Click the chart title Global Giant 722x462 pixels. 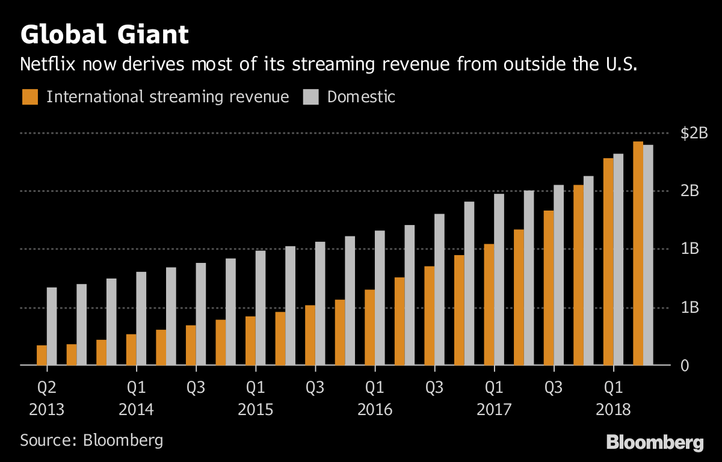coord(104,34)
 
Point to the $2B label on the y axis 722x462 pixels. coord(693,134)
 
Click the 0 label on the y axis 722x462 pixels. coord(685,366)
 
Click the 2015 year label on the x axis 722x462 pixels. coord(256,410)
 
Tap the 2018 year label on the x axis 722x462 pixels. coord(613,410)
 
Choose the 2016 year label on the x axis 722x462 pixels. coord(375,410)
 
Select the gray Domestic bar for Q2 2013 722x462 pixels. coord(52,326)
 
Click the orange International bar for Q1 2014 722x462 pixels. coord(131,350)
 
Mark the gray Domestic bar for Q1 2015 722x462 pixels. coord(261,307)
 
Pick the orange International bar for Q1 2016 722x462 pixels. coord(370,327)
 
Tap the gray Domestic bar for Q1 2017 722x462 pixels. coord(499,279)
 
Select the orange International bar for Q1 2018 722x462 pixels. coord(608,262)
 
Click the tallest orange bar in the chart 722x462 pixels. coord(638,253)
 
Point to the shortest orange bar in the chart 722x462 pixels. coord(42,355)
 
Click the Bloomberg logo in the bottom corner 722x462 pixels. coord(655,443)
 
